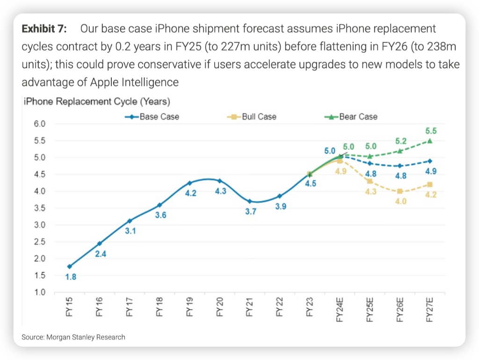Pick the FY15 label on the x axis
click(x=70, y=308)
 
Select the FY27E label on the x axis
click(x=430, y=310)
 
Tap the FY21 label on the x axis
click(x=250, y=308)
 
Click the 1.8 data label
click(x=70, y=277)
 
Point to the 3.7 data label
click(x=251, y=212)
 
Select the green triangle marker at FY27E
click(x=430, y=141)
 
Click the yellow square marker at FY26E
click(x=400, y=191)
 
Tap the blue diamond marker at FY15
click(x=70, y=266)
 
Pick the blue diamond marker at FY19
click(x=189, y=183)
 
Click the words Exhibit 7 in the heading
click(x=44, y=29)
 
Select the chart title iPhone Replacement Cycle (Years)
click(x=96, y=102)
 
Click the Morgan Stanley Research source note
click(x=73, y=337)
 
